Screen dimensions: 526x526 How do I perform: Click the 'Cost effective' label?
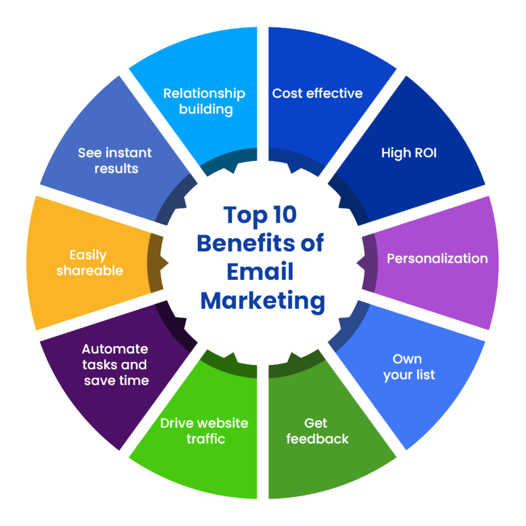pyautogui.click(x=317, y=94)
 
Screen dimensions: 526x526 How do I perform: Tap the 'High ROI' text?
pyautogui.click(x=409, y=153)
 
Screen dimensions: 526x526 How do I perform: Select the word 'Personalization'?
pyautogui.click(x=437, y=258)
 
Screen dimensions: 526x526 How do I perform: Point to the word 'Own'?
pyautogui.click(x=407, y=359)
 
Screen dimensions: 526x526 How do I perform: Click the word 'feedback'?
pyautogui.click(x=317, y=439)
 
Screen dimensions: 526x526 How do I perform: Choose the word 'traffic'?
pyautogui.click(x=206, y=439)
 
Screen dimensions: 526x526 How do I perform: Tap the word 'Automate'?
pyautogui.click(x=115, y=349)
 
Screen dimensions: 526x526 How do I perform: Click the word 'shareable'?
pyautogui.click(x=90, y=271)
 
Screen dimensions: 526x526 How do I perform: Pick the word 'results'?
pyautogui.click(x=116, y=169)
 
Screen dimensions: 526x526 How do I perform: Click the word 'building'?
pyautogui.click(x=206, y=109)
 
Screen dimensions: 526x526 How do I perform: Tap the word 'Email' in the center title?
pyautogui.click(x=260, y=272)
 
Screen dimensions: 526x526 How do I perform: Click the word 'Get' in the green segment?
pyautogui.click(x=316, y=423)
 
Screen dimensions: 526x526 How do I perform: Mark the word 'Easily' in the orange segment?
pyautogui.click(x=88, y=255)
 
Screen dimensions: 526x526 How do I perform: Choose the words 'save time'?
pyautogui.click(x=117, y=380)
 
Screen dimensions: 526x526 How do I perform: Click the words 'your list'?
pyautogui.click(x=409, y=375)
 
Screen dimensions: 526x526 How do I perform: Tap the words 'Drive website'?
pyautogui.click(x=204, y=423)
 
